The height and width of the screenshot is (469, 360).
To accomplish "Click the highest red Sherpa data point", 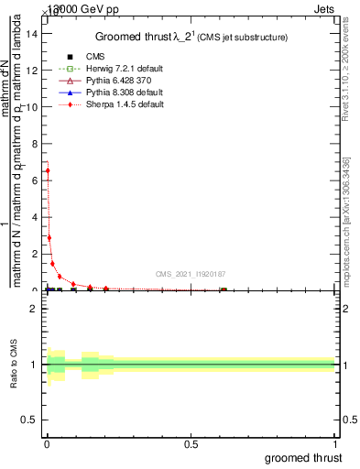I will click(48, 170).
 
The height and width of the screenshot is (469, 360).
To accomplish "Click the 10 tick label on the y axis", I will click(33, 106).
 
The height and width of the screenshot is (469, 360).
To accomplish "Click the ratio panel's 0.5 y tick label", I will click(29, 421).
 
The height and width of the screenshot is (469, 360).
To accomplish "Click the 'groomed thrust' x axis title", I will click(303, 457).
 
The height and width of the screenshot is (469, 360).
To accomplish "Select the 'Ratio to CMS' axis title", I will click(14, 365).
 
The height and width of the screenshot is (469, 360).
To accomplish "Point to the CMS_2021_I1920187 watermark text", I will click(190, 273).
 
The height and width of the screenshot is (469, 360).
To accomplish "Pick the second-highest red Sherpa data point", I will click(49, 237).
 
